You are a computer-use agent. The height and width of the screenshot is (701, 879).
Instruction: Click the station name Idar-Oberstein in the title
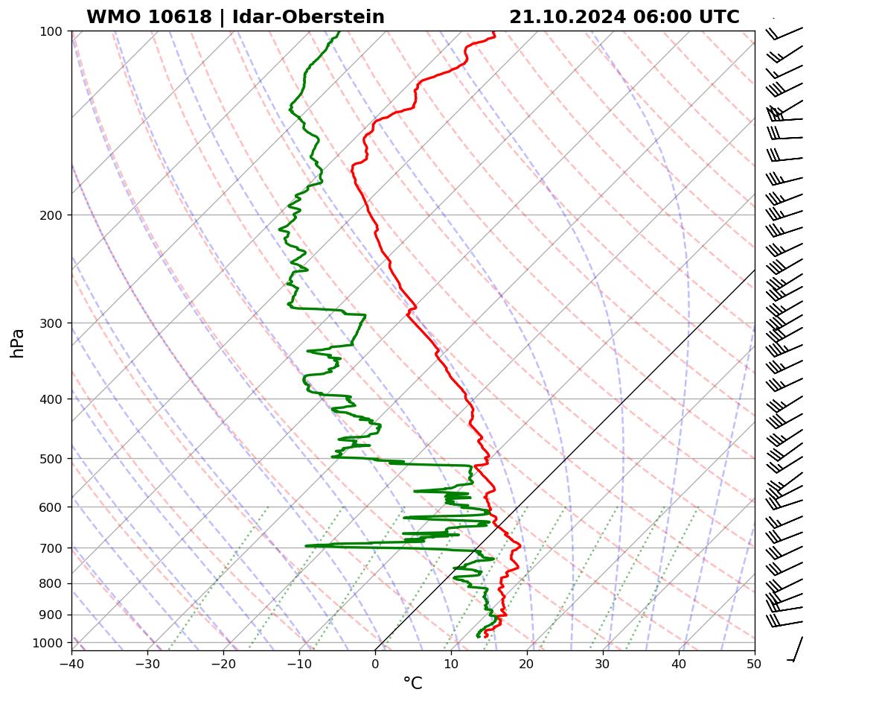[x=308, y=17]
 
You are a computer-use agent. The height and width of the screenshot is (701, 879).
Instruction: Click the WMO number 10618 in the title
[x=182, y=17]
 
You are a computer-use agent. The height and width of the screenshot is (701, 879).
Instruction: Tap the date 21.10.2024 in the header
[x=567, y=17]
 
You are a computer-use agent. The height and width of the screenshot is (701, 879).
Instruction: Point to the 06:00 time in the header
[x=662, y=17]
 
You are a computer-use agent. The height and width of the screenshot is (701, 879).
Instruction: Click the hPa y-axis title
[x=17, y=343]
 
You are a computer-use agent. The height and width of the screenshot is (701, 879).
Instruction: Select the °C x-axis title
[x=412, y=683]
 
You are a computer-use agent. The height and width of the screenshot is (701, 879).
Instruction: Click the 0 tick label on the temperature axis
[x=375, y=663]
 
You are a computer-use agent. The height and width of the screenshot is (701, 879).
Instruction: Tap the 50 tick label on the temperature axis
[x=754, y=663]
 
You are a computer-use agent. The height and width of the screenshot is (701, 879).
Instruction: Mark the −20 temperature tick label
[x=223, y=663]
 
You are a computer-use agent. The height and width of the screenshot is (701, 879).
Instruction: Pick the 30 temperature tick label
[x=603, y=663]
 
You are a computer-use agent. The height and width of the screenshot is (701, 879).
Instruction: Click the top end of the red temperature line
[x=493, y=32]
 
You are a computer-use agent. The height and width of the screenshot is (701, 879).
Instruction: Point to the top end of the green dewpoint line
[x=339, y=32]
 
